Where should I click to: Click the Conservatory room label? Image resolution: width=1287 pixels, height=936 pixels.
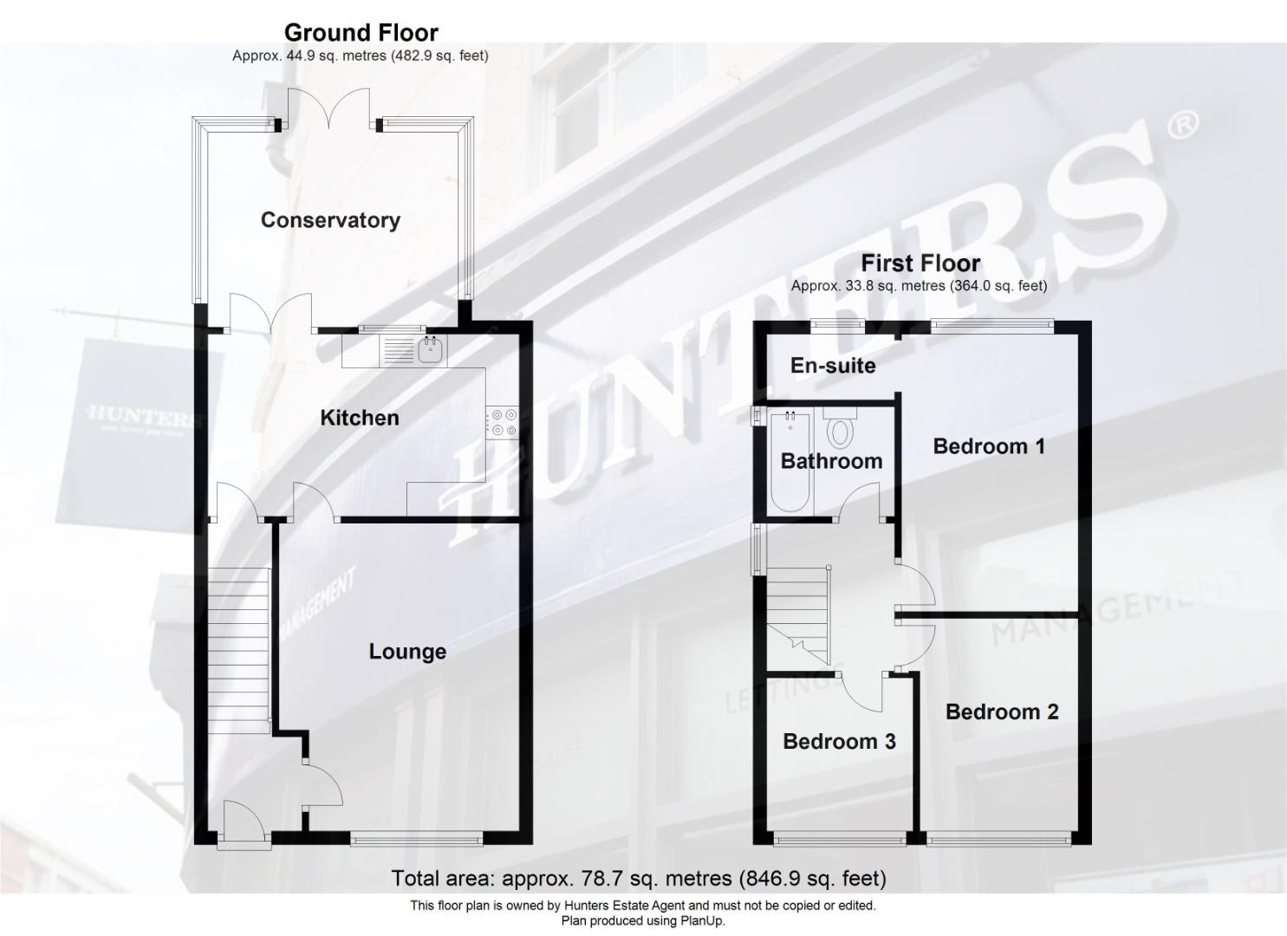330,220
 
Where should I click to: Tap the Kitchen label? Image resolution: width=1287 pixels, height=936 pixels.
360,418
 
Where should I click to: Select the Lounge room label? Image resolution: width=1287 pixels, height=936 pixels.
407,652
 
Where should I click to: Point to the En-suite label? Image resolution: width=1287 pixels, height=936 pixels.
833,366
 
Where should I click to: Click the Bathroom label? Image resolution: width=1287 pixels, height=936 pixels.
831,461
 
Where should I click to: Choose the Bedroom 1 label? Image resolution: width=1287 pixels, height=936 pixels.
989,445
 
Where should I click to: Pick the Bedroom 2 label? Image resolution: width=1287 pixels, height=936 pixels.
1002,712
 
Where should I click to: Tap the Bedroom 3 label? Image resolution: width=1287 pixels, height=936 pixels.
840,741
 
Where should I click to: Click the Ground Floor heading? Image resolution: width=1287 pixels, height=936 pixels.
361,33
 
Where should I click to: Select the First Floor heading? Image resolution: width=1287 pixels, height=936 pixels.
920,263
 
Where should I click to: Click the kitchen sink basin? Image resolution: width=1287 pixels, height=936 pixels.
431,349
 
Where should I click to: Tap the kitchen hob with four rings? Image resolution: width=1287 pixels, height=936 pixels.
502,422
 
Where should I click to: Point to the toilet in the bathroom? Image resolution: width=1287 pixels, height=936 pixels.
840,429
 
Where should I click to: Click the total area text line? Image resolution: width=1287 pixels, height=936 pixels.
639,878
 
